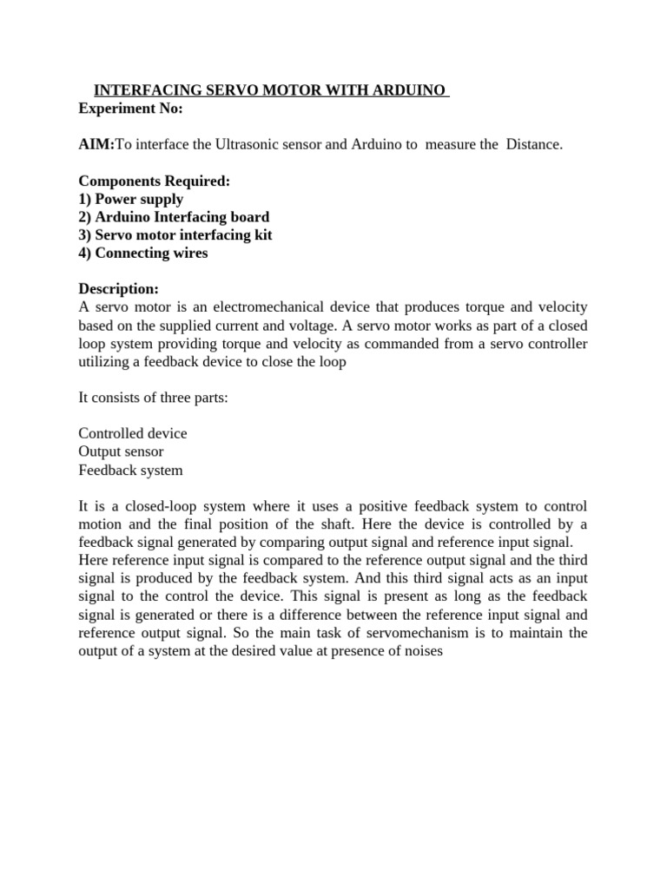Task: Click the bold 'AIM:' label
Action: coord(96,144)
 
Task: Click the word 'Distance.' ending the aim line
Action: coord(532,144)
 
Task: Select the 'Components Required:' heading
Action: coord(155,181)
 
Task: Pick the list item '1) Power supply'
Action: coord(131,199)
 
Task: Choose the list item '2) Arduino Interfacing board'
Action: coord(174,217)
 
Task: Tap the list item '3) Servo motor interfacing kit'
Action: coord(175,235)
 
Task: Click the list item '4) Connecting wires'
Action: coord(143,254)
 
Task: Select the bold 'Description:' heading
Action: coord(119,289)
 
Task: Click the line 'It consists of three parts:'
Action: coord(152,398)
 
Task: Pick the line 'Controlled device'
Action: coord(133,433)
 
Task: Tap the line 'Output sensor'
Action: coord(121,451)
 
